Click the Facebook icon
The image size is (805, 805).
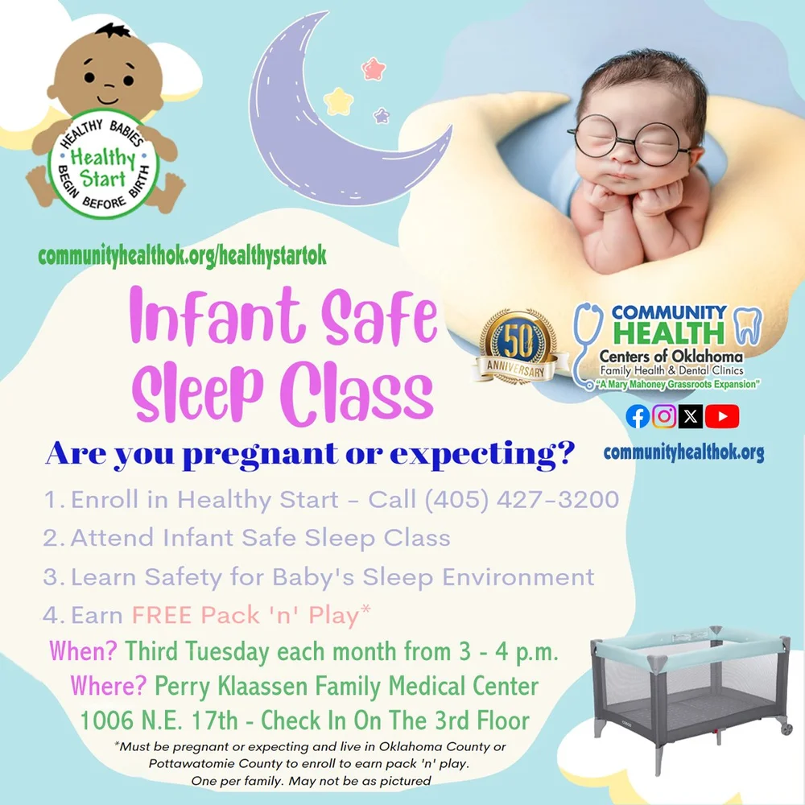click(638, 416)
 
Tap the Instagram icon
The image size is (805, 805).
click(664, 416)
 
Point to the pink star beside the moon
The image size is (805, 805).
click(373, 69)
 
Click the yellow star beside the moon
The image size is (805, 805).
click(338, 101)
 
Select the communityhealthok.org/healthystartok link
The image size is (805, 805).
click(182, 256)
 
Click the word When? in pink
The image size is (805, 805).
click(85, 650)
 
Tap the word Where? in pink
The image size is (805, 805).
click(109, 686)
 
